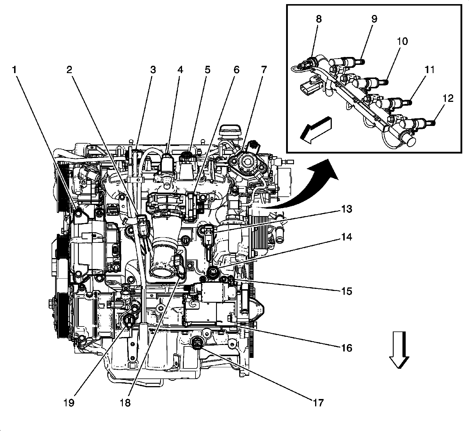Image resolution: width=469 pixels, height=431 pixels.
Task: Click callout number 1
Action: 14,70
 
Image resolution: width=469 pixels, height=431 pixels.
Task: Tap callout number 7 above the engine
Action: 264,70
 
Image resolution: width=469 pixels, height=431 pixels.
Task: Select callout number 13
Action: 346,209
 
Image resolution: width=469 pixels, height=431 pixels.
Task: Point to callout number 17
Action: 318,403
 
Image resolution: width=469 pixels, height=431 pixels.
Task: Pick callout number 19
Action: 69,403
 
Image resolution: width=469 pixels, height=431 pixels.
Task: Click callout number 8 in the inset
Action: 319,19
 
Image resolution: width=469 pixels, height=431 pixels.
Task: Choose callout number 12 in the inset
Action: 448,98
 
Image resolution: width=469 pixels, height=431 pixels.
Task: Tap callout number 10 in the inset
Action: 402,41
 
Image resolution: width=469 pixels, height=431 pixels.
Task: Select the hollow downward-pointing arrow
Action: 399,350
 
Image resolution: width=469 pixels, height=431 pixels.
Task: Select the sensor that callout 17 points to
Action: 196,343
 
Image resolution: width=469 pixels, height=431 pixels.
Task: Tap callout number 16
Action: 346,348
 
